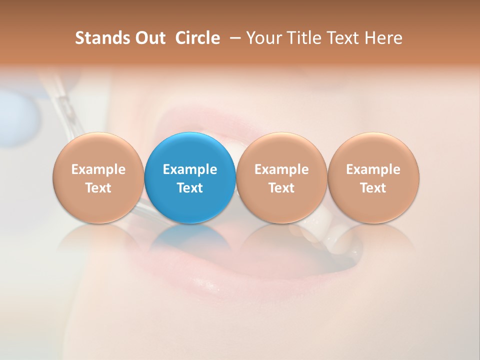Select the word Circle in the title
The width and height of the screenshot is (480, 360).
[x=197, y=38]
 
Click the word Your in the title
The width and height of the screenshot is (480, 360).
[x=263, y=38]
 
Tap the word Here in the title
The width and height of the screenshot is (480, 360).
[x=384, y=38]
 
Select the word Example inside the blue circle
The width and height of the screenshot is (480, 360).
[x=189, y=169]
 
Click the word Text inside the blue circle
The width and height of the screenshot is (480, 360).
[x=189, y=188]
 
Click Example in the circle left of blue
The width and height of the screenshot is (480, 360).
[x=98, y=169]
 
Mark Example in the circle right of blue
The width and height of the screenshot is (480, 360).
[x=281, y=169]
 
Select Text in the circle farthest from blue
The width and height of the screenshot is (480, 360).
[x=373, y=188]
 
